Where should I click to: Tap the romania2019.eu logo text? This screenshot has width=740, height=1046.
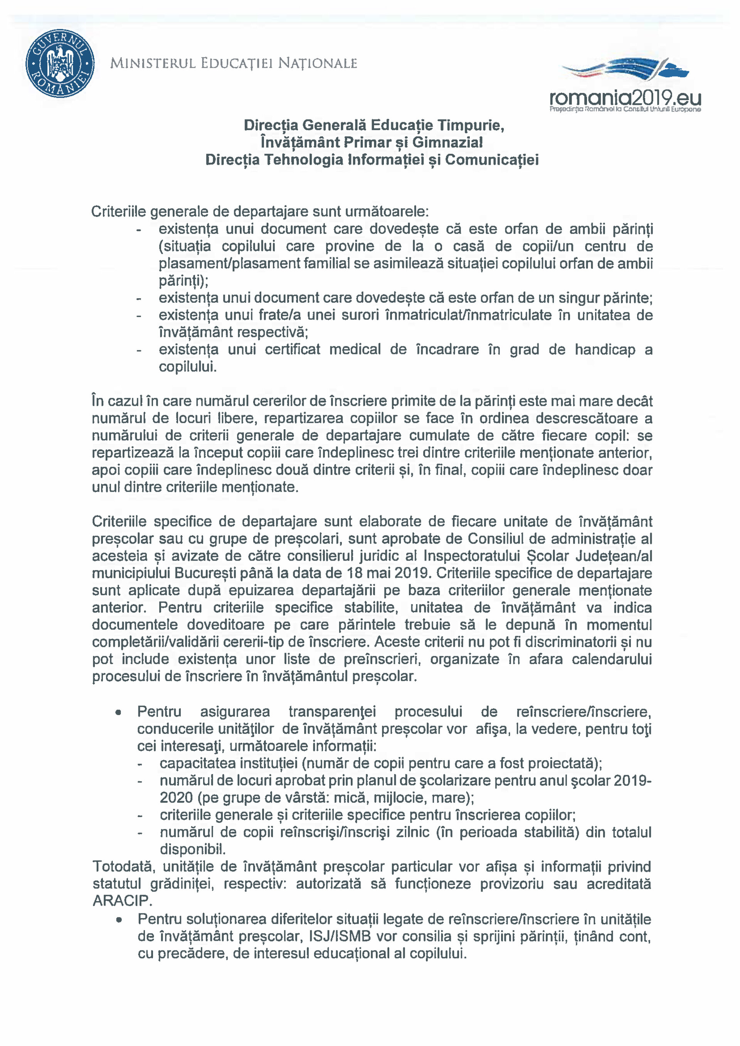point(625,97)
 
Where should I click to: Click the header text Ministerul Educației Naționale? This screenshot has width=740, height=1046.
point(233,63)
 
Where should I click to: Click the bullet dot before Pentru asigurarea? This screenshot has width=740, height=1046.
point(118,712)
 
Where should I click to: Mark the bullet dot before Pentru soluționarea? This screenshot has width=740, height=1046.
point(119,919)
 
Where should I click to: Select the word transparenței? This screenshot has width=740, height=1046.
point(332,712)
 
